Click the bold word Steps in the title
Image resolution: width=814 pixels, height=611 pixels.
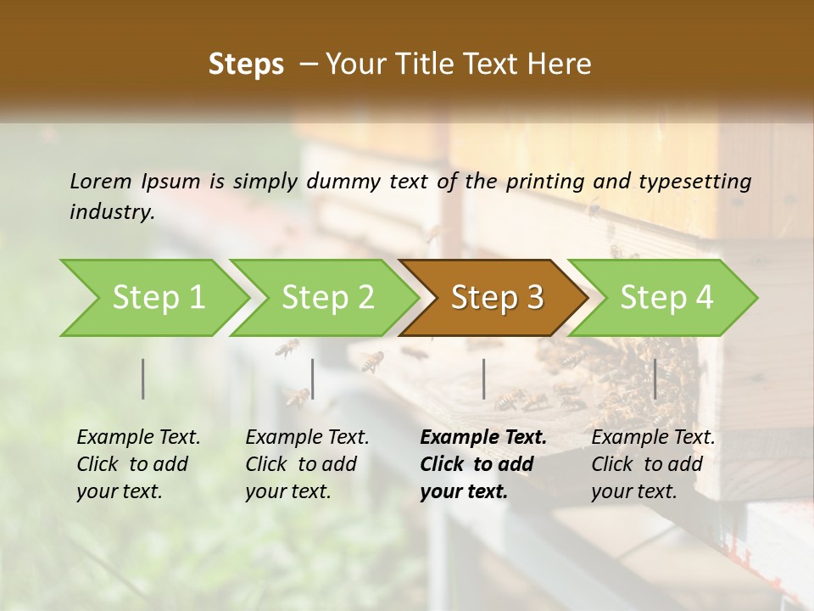click(246, 64)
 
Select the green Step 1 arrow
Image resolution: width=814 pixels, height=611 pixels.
click(153, 298)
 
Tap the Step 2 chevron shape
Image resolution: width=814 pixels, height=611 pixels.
click(326, 298)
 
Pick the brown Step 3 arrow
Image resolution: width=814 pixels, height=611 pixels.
click(496, 298)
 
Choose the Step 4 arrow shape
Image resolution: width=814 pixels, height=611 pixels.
click(666, 298)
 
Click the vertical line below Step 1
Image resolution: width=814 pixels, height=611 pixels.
click(143, 378)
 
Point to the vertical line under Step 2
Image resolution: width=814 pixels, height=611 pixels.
click(313, 378)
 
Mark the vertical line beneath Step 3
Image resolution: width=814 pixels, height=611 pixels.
click(483, 378)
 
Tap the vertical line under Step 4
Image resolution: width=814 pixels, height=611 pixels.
click(655, 378)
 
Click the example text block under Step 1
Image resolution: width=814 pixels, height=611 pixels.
click(137, 464)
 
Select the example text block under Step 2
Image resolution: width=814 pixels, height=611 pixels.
click(306, 464)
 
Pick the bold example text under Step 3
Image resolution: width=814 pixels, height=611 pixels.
click(482, 464)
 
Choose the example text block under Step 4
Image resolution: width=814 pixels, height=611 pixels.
click(652, 464)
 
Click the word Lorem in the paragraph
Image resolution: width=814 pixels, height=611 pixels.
click(101, 181)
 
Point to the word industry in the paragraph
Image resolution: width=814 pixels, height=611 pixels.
click(111, 212)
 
